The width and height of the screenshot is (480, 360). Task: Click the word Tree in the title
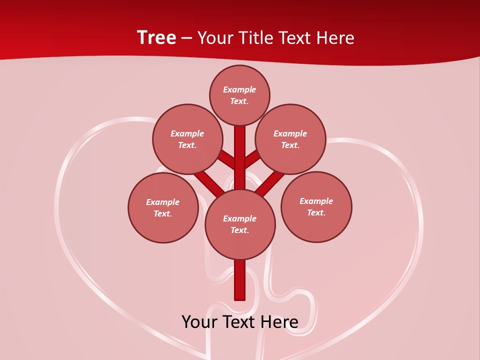tap(156, 37)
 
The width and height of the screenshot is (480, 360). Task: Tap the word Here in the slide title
tap(335, 37)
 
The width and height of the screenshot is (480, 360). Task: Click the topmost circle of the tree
tap(239, 95)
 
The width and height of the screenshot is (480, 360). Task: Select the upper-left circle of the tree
tap(187, 139)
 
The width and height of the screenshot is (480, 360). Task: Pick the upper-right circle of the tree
tap(290, 139)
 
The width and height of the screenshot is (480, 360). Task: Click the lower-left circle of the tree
tap(163, 207)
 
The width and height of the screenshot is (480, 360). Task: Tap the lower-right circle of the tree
tap(316, 206)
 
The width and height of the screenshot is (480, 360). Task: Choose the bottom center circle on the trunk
tap(240, 224)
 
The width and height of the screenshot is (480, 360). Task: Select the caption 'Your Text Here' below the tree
tap(240, 321)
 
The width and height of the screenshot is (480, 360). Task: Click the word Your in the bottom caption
tap(198, 321)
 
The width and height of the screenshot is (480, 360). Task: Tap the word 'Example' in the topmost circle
tap(239, 89)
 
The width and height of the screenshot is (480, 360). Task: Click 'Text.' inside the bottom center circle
tap(239, 230)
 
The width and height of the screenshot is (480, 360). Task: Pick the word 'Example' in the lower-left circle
tap(162, 202)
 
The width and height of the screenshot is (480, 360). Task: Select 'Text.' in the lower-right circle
tap(316, 212)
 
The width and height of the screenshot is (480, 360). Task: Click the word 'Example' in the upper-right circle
tap(290, 133)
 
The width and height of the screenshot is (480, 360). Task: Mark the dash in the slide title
tap(186, 37)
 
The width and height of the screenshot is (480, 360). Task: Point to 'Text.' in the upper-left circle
tap(187, 145)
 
